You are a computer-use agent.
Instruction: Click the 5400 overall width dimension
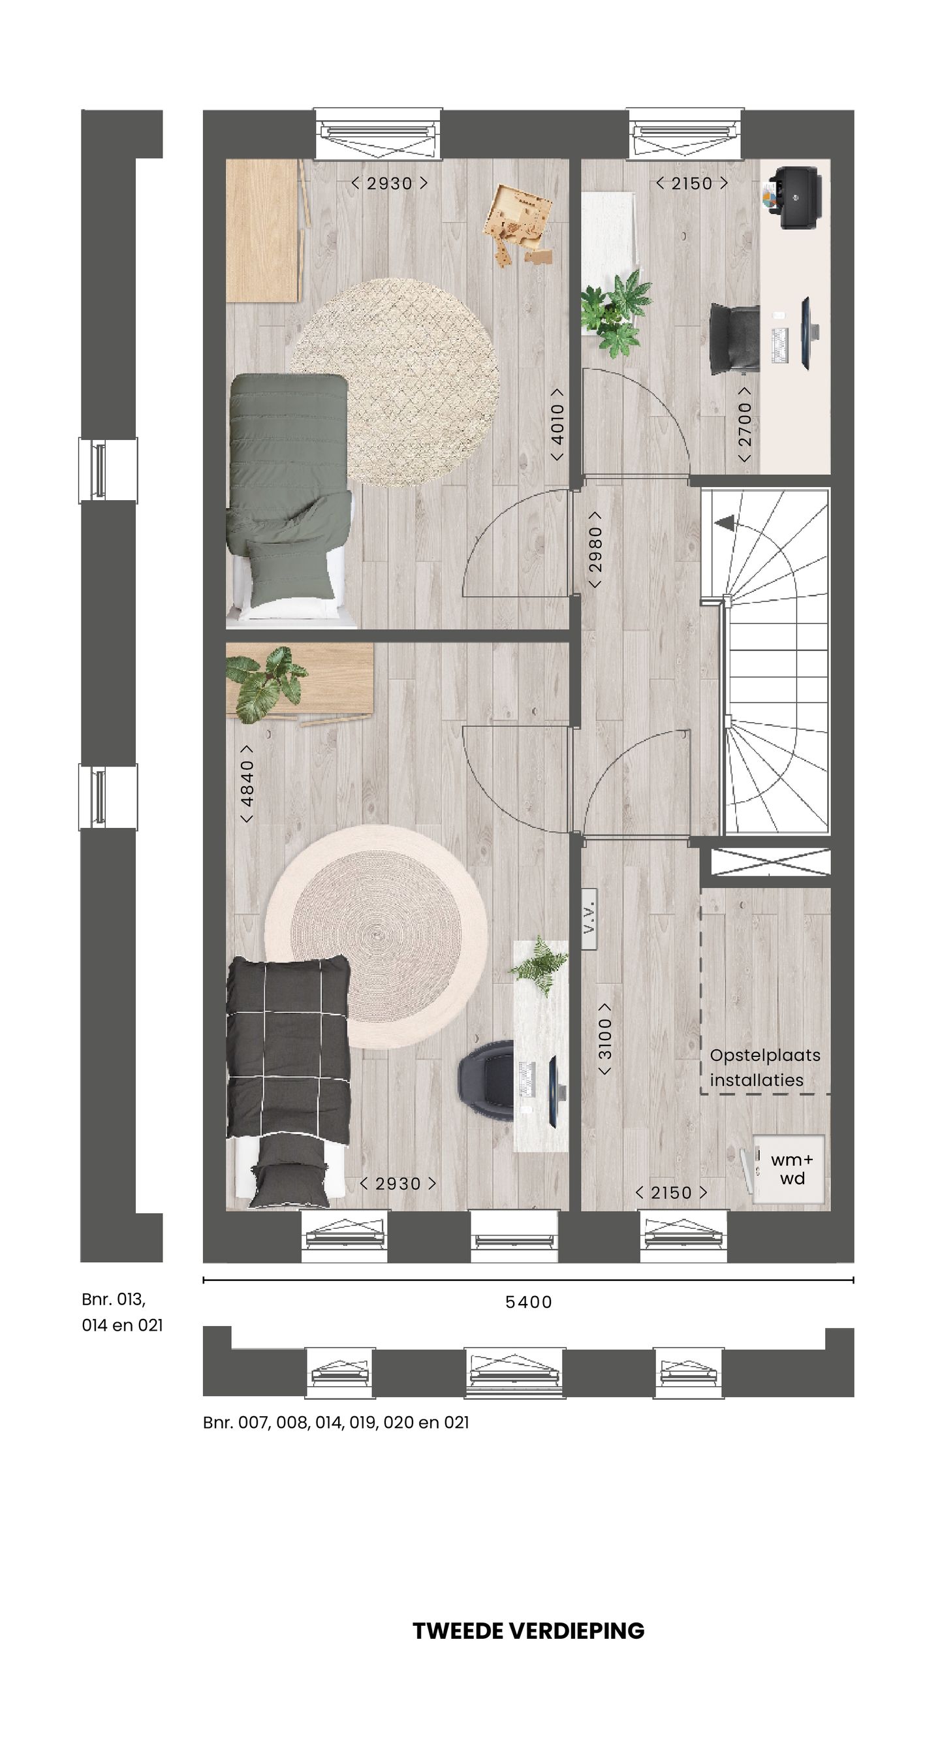click(x=528, y=1302)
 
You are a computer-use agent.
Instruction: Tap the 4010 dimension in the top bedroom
click(x=557, y=424)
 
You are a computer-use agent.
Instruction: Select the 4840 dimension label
click(x=247, y=784)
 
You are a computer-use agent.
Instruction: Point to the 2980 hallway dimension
click(x=595, y=549)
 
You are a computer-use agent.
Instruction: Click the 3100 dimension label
click(x=604, y=1039)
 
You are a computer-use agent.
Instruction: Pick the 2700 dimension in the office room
click(x=745, y=424)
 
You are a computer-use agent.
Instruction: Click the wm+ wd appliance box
click(x=791, y=1169)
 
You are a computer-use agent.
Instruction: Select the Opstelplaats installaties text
click(x=764, y=1068)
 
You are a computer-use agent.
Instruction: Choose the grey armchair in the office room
click(x=735, y=338)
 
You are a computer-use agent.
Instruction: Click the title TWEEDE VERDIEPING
click(x=528, y=1630)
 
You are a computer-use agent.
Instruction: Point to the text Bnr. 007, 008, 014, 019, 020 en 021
click(x=336, y=1423)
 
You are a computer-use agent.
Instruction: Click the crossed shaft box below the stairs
click(x=770, y=862)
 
